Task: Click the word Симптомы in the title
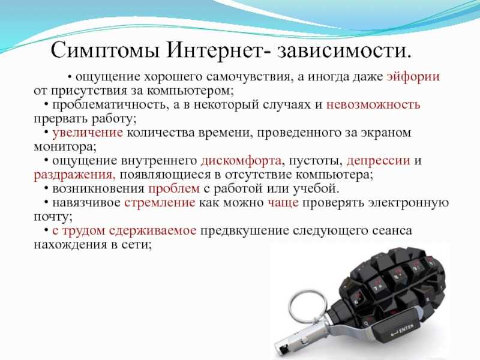click(x=104, y=50)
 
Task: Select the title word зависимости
click(x=344, y=50)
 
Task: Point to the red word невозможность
click(x=373, y=104)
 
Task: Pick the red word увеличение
click(x=88, y=133)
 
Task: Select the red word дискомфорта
click(x=241, y=161)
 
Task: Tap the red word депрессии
click(x=379, y=161)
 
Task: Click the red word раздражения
click(x=74, y=175)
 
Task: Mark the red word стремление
click(x=160, y=203)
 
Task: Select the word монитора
click(x=65, y=147)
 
